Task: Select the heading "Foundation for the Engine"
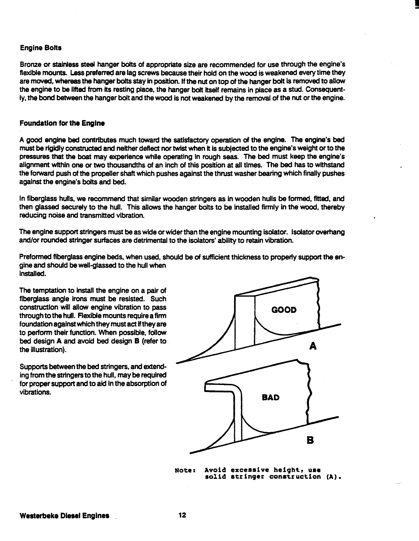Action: click(62, 124)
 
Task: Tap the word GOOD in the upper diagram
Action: click(284, 310)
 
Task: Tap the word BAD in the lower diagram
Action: click(271, 398)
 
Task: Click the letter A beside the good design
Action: click(313, 347)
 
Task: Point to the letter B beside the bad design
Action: click(310, 440)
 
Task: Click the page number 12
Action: click(182, 516)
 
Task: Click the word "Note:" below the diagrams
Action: click(185, 470)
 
